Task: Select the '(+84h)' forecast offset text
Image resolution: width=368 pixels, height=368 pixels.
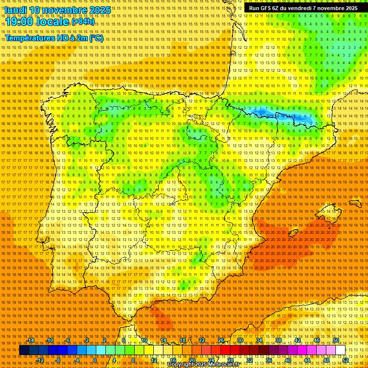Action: pyautogui.click(x=83, y=22)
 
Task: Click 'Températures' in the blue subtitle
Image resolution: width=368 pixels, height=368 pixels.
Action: pyautogui.click(x=29, y=38)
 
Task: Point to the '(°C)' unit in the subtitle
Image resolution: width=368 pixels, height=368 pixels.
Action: pyautogui.click(x=96, y=38)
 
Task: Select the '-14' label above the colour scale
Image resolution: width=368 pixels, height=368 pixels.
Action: pyautogui.click(x=31, y=341)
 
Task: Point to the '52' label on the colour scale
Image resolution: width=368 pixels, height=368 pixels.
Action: pyautogui.click(x=345, y=360)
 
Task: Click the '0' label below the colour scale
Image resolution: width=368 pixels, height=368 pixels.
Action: pyautogui.click(x=95, y=360)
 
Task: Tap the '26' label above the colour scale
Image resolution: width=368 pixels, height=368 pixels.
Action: pyautogui.click(x=221, y=341)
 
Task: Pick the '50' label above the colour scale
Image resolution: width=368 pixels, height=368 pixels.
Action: pyautogui.click(x=336, y=341)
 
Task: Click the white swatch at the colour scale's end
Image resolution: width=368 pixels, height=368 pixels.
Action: pyautogui.click(x=341, y=350)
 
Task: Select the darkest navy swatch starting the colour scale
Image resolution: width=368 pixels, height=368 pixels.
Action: pyautogui.click(x=24, y=350)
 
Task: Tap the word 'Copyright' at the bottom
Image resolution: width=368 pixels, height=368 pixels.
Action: pyautogui.click(x=181, y=365)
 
